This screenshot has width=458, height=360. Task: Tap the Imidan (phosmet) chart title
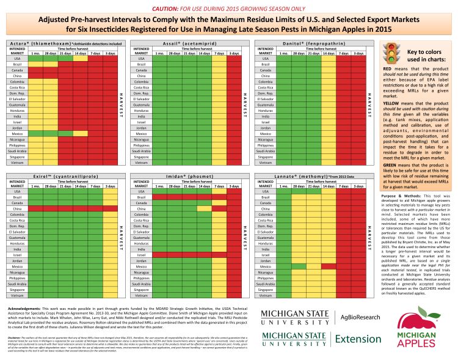[185, 175]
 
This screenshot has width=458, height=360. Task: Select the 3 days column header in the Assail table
[234, 54]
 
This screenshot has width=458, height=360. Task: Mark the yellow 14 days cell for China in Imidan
[205, 208]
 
